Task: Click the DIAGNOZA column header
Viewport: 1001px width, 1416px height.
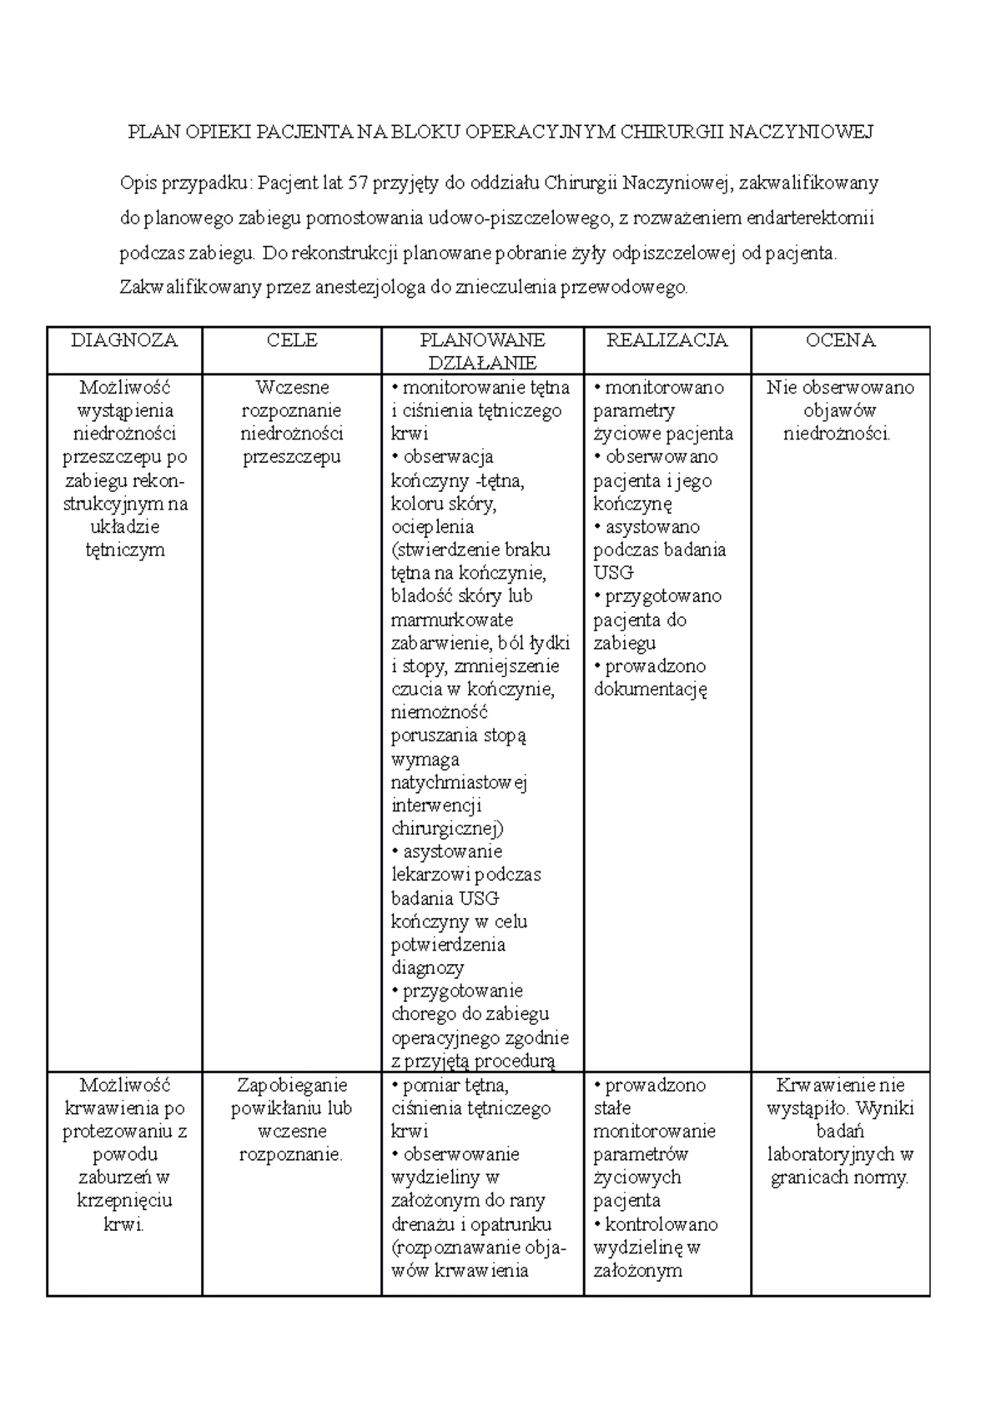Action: [124, 340]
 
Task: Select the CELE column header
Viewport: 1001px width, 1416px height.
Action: [292, 340]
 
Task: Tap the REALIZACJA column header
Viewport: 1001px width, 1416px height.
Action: [666, 340]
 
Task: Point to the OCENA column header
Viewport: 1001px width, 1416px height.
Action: [840, 340]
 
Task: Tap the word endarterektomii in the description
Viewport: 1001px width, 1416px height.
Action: [810, 218]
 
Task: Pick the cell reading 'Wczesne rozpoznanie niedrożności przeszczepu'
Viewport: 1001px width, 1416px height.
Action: [292, 422]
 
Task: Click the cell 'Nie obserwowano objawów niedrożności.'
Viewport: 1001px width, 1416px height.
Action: [840, 410]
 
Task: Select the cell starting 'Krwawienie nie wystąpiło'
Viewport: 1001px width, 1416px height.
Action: [840, 1131]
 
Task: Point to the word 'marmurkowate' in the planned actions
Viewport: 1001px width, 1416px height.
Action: [452, 620]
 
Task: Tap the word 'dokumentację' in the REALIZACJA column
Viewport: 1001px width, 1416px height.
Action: [651, 690]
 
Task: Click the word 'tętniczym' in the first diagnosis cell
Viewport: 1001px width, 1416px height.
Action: [125, 550]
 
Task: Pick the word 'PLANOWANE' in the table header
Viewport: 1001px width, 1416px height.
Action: [482, 340]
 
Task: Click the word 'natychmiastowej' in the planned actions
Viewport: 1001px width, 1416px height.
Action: [459, 783]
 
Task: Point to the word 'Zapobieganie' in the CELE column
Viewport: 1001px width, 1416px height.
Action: [292, 1085]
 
